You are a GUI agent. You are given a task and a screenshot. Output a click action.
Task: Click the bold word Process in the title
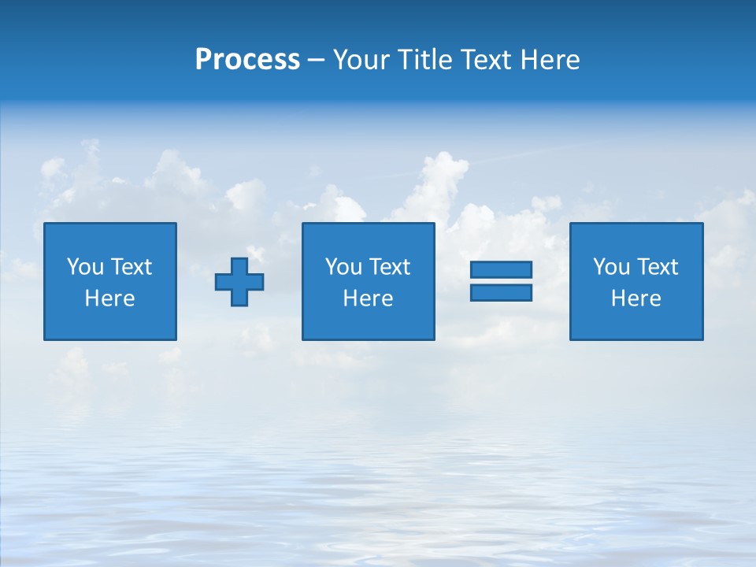click(x=247, y=60)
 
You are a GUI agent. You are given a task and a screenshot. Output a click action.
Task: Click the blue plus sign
click(x=239, y=281)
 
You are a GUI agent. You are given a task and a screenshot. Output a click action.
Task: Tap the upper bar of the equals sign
click(x=501, y=269)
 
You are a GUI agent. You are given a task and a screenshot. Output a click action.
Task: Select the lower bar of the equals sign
click(x=501, y=292)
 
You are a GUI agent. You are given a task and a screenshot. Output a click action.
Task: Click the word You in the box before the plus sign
click(x=85, y=267)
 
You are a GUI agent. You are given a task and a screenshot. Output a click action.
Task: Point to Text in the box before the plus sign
click(x=131, y=267)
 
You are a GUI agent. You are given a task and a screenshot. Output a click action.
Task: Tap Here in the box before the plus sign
click(x=109, y=298)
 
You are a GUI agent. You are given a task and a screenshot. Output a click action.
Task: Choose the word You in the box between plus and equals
click(x=343, y=267)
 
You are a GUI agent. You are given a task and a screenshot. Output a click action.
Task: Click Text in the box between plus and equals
click(x=389, y=267)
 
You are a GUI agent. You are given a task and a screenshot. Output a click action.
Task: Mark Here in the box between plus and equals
click(x=368, y=298)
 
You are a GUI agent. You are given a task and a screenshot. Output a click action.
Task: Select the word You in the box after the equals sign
click(x=611, y=267)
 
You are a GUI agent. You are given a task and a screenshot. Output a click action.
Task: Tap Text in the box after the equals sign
click(x=657, y=267)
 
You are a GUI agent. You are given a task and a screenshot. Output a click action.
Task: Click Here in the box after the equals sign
click(x=636, y=298)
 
